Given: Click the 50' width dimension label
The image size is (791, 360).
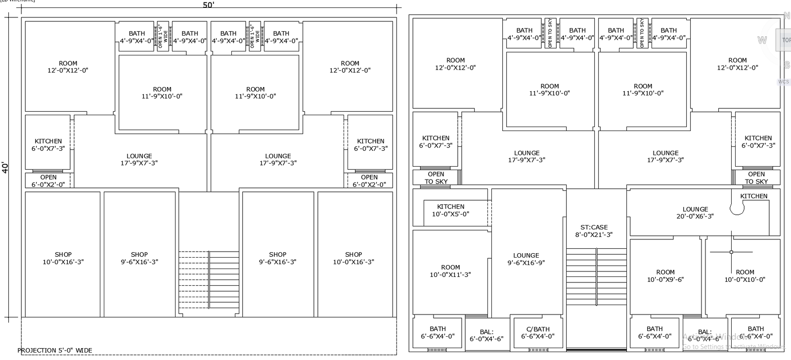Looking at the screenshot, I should coord(209,5).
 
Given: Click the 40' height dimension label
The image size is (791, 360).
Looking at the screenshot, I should coord(5,167).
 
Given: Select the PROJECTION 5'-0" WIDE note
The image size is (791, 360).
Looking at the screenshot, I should coord(55,350).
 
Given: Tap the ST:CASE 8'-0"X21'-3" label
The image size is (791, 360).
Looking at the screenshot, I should coord(594,231).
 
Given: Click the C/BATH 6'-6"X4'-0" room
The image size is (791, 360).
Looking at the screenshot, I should coord(537,332).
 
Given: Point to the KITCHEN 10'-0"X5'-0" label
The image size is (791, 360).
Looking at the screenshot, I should coord(450,210).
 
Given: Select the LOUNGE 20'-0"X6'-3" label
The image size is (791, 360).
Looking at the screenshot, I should coord(695,213).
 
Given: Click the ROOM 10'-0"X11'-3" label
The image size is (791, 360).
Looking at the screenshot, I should coord(450,270).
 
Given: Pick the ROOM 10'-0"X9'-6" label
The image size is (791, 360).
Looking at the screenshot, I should coord(665,275).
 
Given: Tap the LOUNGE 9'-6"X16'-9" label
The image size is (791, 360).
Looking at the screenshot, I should coord(526,259).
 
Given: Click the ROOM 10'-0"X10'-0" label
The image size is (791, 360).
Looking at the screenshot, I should coord(745,275).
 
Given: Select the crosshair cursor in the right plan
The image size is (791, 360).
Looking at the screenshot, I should coord(731,252).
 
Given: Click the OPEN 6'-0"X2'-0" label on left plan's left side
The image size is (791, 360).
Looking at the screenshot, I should coord(48,180).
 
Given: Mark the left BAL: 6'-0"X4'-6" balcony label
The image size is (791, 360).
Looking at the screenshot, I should coord(486,335).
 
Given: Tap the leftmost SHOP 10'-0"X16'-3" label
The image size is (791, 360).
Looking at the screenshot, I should coord(63,258).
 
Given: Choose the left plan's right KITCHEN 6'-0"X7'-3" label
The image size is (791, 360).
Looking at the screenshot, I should coord(370,144).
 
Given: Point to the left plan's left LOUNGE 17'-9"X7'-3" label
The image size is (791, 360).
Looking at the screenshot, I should coord(139,159).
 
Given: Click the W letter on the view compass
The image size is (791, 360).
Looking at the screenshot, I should coord(762,40).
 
